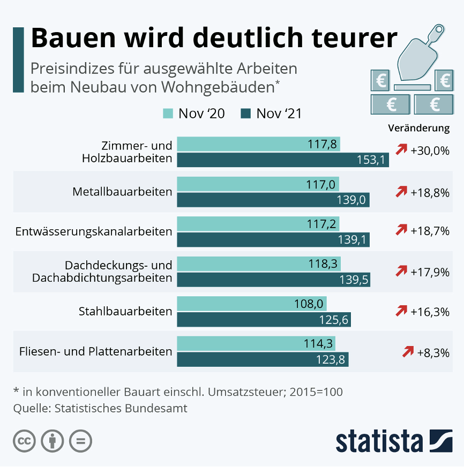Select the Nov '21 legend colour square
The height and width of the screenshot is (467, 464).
246,114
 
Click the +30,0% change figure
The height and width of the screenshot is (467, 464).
430,150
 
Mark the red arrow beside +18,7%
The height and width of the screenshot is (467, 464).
401,231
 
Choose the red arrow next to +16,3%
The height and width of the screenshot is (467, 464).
401,311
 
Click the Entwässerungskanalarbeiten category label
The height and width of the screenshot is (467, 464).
94,231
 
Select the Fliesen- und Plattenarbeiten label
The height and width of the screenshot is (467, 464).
95,352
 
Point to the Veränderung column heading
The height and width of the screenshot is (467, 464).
418,128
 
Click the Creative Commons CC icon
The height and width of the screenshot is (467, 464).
24,441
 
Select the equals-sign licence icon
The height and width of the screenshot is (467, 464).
81,441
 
